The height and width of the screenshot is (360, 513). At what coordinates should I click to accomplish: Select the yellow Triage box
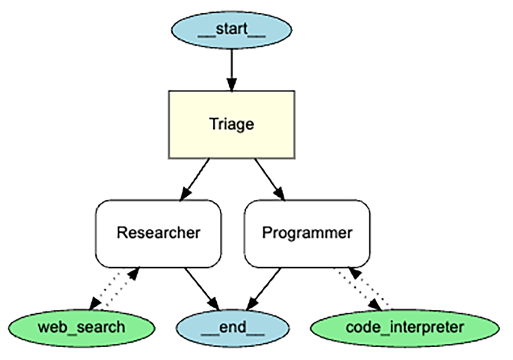click(x=231, y=124)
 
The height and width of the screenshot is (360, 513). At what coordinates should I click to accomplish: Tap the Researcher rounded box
click(x=158, y=233)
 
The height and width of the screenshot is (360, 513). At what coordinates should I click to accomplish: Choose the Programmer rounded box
click(x=307, y=233)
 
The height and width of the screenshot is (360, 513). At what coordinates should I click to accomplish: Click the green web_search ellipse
click(x=81, y=328)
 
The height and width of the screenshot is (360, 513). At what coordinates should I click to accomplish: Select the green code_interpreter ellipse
click(x=404, y=328)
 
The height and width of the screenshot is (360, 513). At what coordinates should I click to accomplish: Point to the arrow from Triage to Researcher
click(x=195, y=179)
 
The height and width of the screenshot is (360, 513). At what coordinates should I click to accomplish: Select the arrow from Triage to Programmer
click(x=269, y=179)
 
